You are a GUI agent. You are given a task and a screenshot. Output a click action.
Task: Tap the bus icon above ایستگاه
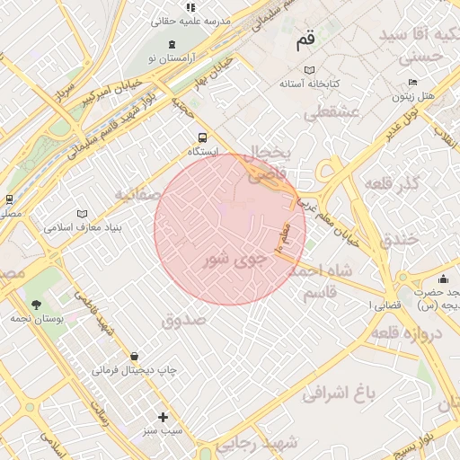coord(202,137)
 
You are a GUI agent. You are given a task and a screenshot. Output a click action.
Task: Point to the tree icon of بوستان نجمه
coord(36,305)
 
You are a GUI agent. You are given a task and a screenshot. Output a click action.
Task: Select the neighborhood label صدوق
coord(183,319)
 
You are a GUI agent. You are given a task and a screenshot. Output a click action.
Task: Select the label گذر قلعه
coord(392,183)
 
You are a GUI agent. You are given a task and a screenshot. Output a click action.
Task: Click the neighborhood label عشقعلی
coord(332,112)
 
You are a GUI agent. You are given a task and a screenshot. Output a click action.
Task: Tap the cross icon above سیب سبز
coord(163,417)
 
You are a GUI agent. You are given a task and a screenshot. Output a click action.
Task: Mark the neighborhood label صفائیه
coord(137,193)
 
